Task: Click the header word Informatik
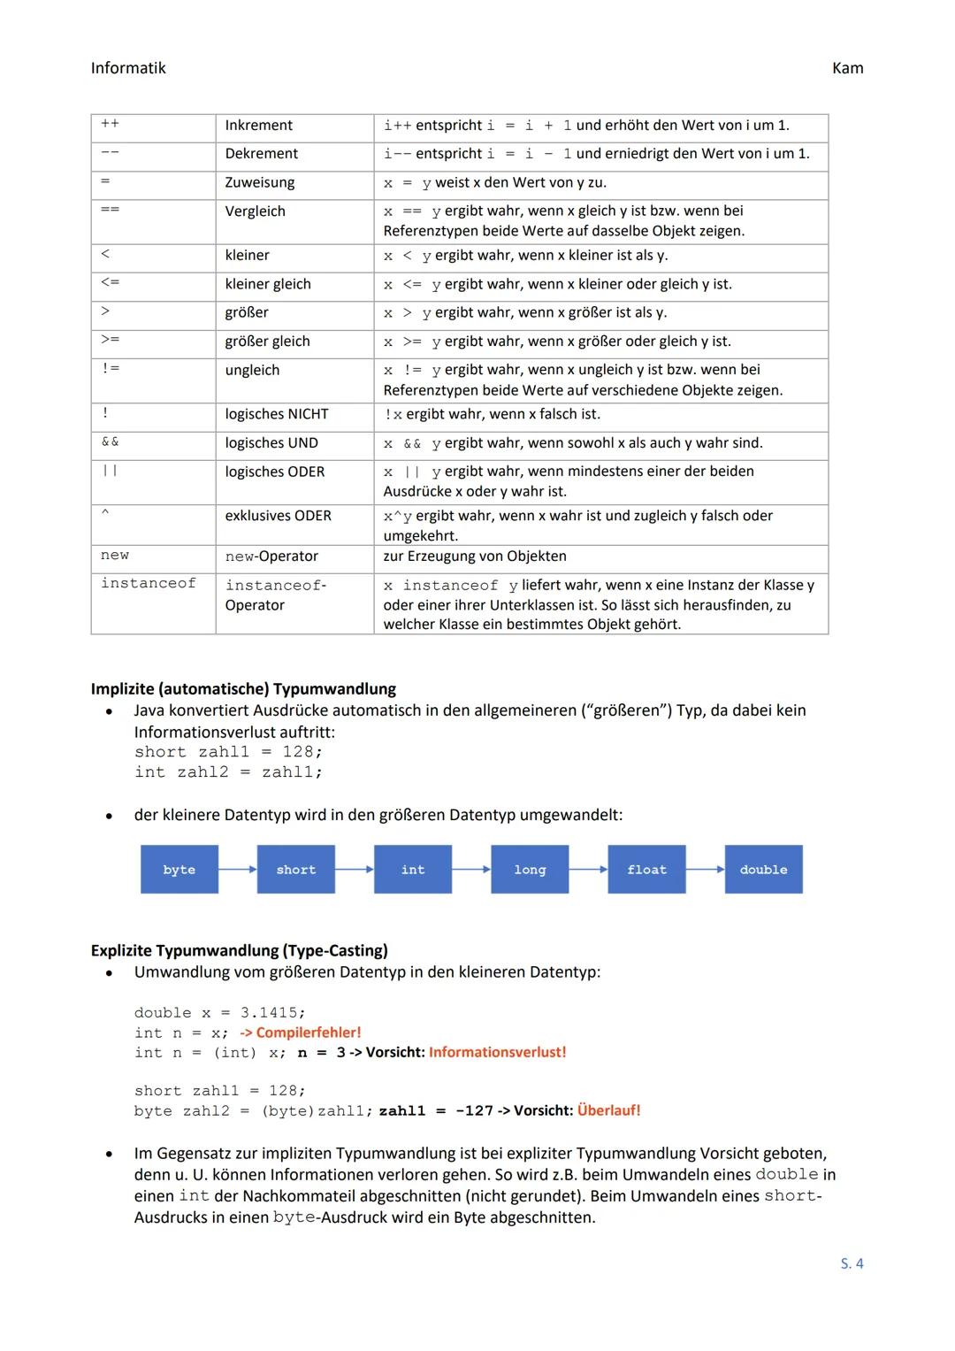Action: (x=128, y=68)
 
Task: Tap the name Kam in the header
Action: (x=847, y=68)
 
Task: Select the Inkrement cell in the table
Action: (x=258, y=126)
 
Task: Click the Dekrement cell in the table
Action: (x=262, y=154)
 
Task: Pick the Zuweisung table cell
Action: (x=260, y=183)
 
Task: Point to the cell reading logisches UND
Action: (x=271, y=443)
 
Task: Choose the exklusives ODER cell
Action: (x=278, y=516)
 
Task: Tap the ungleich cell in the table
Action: (x=252, y=371)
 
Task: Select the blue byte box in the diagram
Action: (x=180, y=870)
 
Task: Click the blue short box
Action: (x=296, y=870)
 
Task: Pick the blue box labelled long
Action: (x=530, y=870)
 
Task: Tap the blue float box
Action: (x=646, y=870)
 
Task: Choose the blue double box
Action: (x=763, y=870)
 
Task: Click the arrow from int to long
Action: (x=471, y=870)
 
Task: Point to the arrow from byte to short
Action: (x=238, y=870)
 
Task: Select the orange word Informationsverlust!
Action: (x=497, y=1052)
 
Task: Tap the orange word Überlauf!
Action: (x=608, y=1110)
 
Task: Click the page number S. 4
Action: (x=852, y=1263)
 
